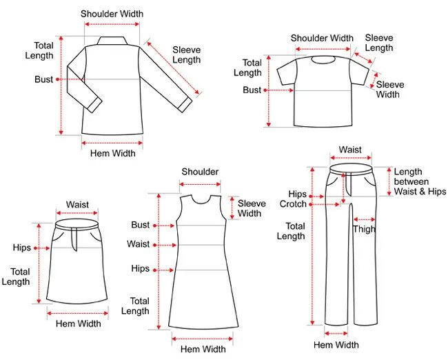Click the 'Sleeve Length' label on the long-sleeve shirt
coord(186,54)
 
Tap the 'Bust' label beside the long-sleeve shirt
coord(43,79)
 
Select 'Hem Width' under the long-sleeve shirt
coord(112,153)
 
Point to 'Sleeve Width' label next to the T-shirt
coord(390,89)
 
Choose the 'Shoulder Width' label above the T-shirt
coord(322,39)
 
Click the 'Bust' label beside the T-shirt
coord(252,90)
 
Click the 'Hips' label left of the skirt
coord(21,248)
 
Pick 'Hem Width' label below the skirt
coord(78,323)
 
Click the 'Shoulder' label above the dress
coord(200,172)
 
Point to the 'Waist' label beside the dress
coord(138,244)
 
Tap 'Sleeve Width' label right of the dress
coord(250,208)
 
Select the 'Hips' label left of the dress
coord(140,268)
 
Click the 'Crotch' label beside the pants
coord(293,204)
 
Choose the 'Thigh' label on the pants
coord(364,230)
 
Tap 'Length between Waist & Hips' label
coord(420,181)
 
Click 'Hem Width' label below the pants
coord(336,345)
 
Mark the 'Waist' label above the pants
coord(350,150)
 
